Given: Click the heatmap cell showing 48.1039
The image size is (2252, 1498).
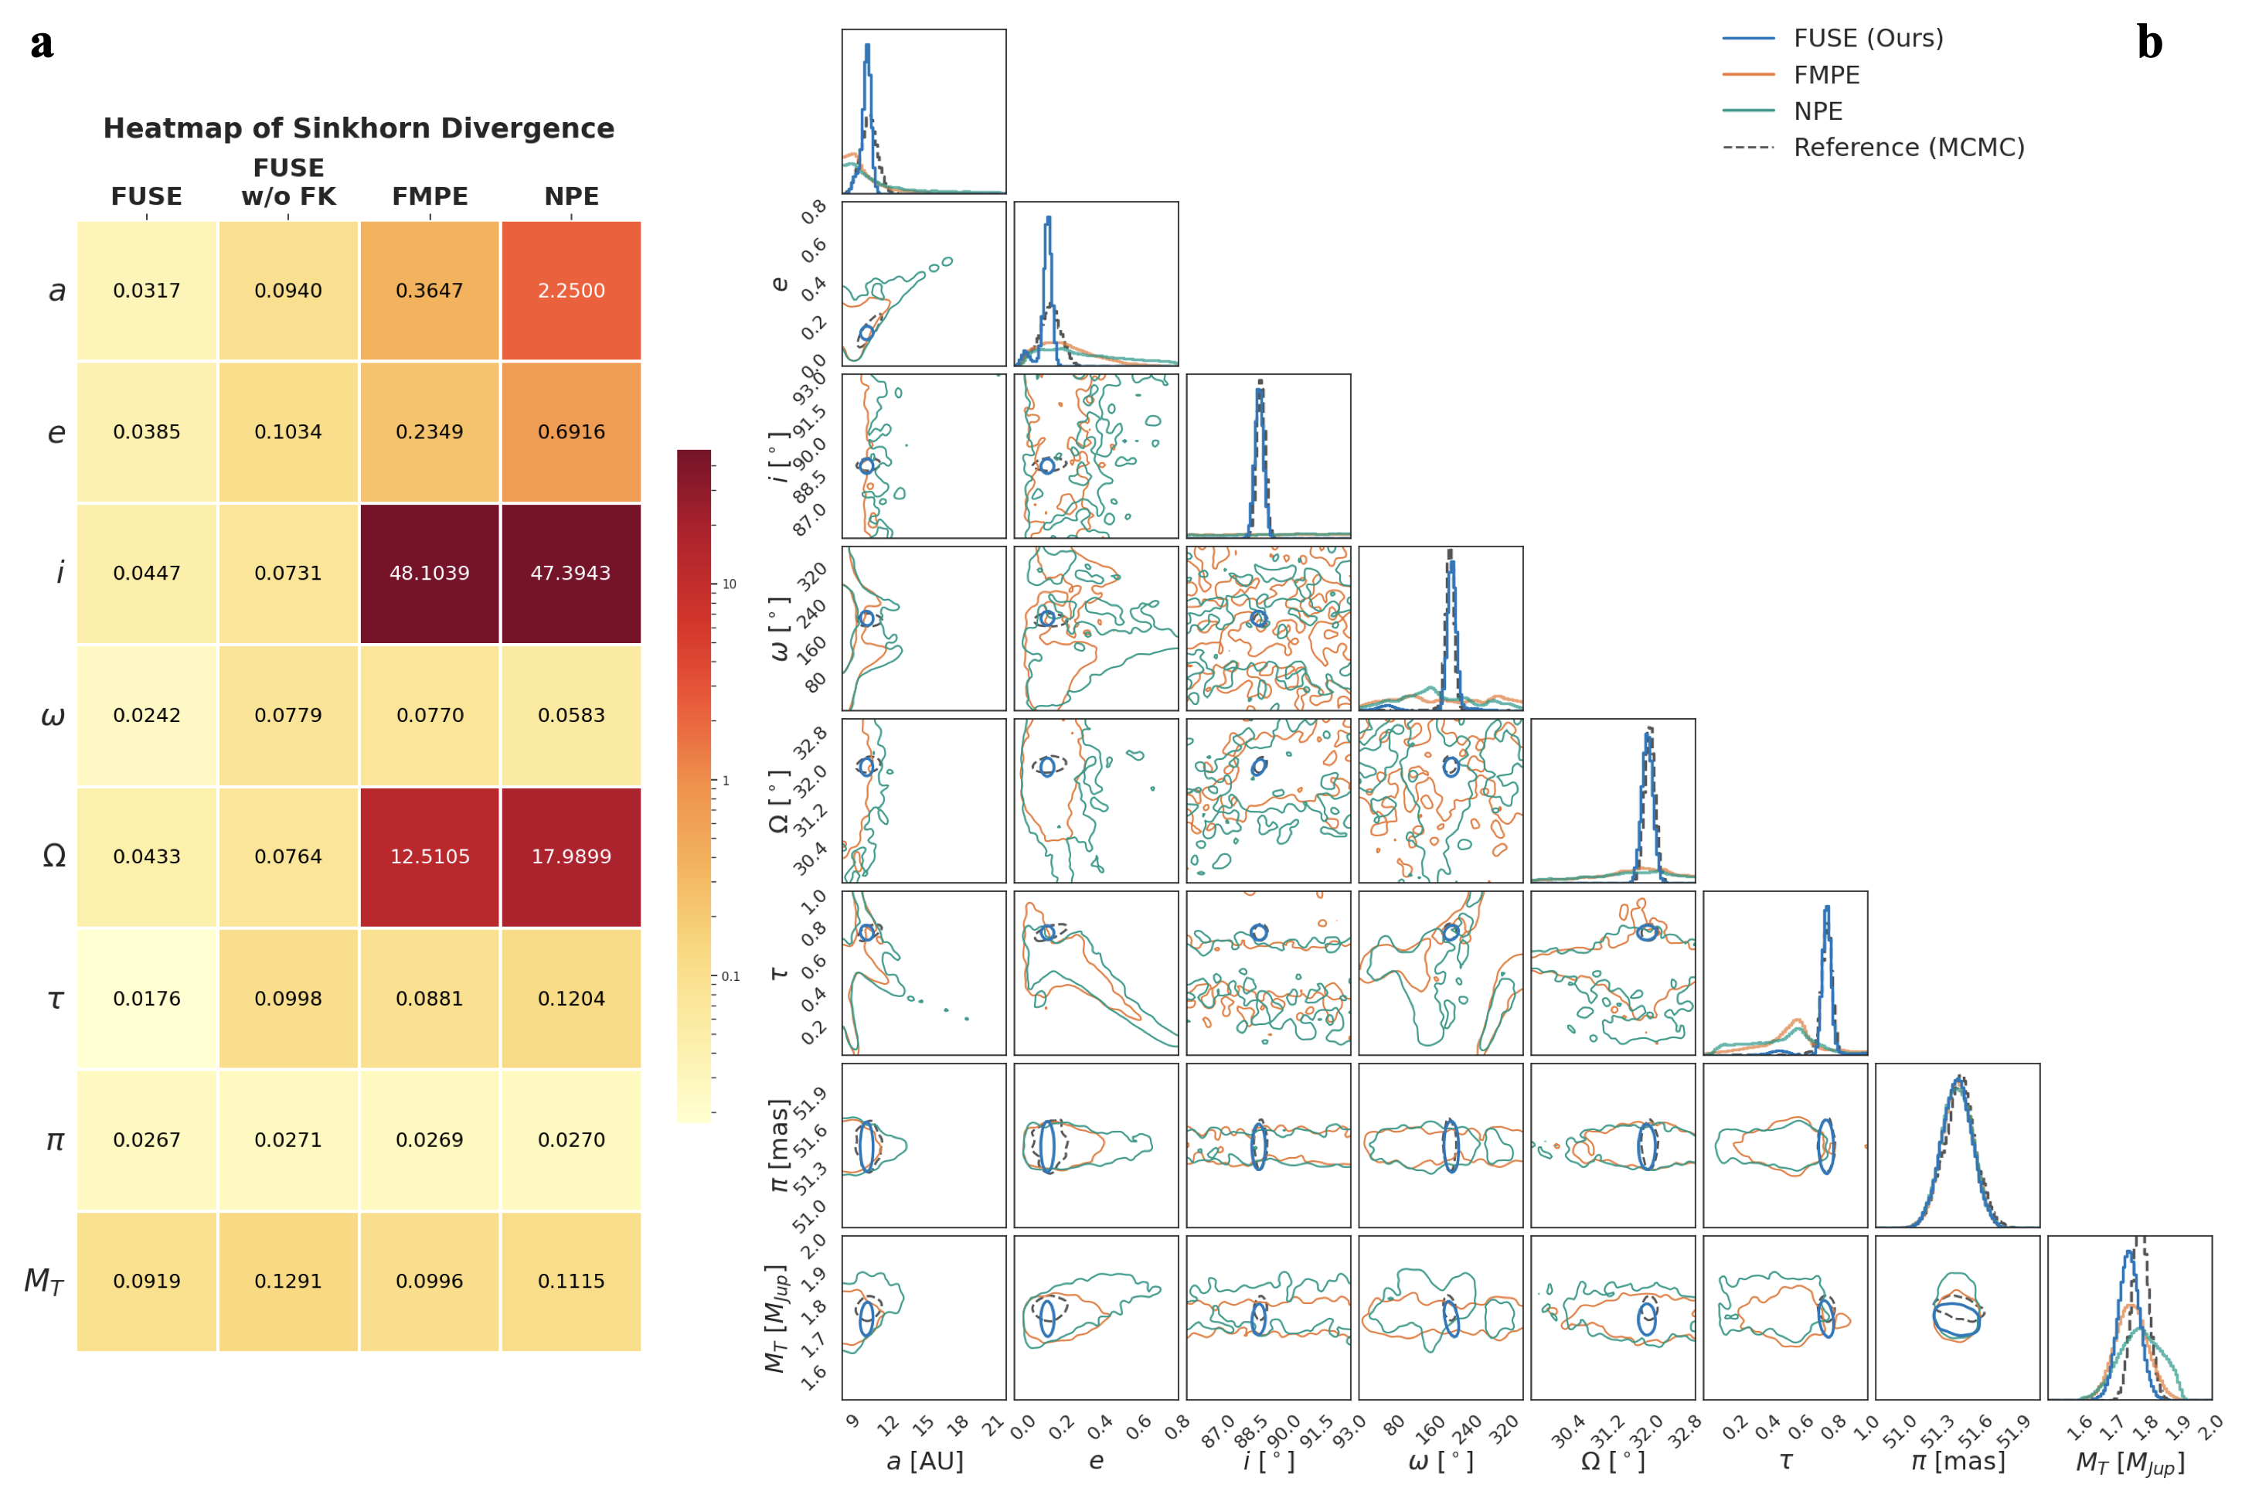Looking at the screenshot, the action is coord(429,574).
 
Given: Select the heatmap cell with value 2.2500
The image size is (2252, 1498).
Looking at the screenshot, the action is coord(571,291).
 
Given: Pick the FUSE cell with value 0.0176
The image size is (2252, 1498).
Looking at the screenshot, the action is coord(146,999).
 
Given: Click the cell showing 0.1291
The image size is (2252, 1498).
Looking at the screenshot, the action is coord(287,1281).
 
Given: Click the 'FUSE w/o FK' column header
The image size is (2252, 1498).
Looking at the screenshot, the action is coord(288,182).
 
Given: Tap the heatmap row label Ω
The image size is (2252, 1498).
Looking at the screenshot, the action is coord(54,856).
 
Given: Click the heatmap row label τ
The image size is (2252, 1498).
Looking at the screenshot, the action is coord(56,999).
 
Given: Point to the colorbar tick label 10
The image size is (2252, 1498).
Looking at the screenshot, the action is coord(729,584).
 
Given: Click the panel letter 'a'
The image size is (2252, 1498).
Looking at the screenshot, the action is coord(41,44).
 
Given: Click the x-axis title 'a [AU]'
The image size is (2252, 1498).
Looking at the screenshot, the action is coord(924,1462).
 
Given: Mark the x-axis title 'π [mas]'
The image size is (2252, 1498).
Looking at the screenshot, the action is coord(1958,1462).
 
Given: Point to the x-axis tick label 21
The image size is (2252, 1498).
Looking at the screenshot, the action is coord(993,1425).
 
